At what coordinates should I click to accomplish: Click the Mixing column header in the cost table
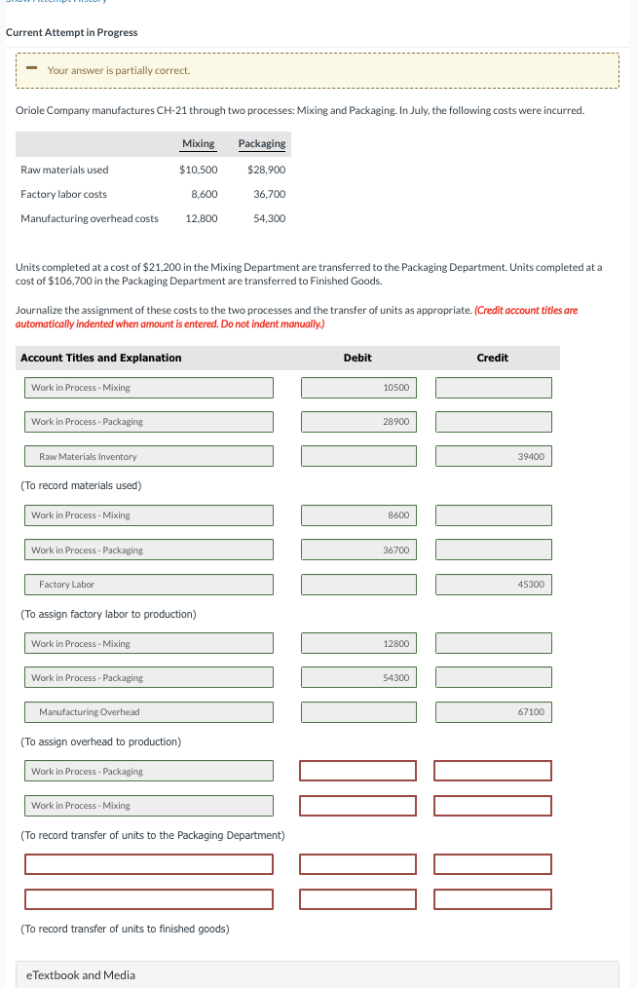(198, 144)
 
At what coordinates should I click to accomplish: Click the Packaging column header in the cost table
(262, 144)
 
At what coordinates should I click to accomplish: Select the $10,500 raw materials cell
(198, 170)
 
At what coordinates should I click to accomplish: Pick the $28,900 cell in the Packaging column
(266, 170)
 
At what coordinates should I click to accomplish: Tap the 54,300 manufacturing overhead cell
(269, 218)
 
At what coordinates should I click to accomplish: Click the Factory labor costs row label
(64, 194)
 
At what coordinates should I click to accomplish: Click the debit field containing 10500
(358, 388)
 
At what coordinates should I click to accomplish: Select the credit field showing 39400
(493, 456)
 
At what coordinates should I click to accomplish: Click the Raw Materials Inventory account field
(149, 456)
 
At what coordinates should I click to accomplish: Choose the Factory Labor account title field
(149, 585)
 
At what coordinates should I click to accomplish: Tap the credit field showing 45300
(493, 585)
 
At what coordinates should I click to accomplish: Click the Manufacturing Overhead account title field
(149, 712)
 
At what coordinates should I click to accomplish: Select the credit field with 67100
(493, 712)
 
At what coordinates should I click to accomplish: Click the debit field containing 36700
(358, 551)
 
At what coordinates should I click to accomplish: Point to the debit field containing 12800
(358, 643)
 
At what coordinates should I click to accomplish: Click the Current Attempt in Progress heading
(72, 32)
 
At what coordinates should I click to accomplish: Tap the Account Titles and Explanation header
(101, 358)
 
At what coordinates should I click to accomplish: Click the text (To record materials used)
(81, 485)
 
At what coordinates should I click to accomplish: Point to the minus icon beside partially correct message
(31, 69)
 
